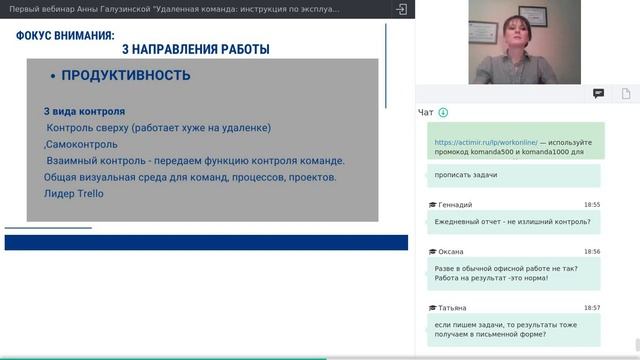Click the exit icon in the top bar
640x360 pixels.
point(401,8)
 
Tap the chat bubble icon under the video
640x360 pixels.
point(598,93)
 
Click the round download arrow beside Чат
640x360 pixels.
point(443,113)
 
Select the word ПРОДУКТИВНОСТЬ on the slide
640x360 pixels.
point(126,76)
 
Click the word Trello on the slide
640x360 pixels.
point(88,193)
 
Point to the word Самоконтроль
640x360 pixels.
point(86,144)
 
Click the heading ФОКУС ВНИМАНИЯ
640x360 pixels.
point(65,36)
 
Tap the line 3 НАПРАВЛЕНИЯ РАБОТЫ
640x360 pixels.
point(195,49)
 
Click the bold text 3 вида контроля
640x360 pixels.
point(84,112)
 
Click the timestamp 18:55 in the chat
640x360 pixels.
point(592,204)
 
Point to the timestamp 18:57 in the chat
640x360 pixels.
point(592,308)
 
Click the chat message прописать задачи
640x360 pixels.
point(466,175)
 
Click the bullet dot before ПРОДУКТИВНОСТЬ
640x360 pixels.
point(52,77)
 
